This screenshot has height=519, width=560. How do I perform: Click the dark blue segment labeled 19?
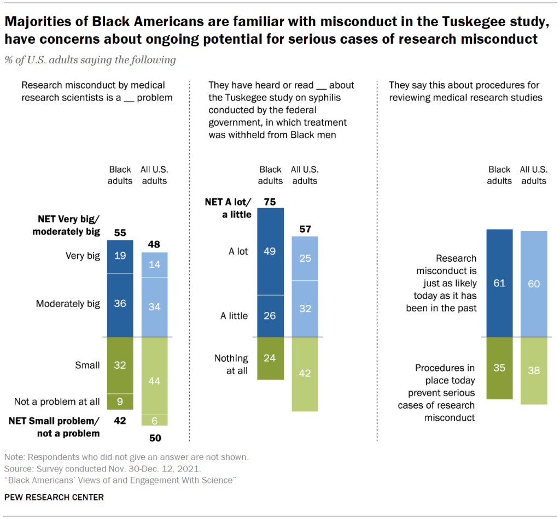pos(120,256)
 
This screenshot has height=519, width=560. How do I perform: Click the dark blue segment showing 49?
pos(271,251)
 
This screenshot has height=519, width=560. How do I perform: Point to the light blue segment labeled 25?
pos(305,258)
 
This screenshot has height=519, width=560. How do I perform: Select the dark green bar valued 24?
pos(271,358)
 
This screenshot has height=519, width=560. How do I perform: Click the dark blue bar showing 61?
pos(500,283)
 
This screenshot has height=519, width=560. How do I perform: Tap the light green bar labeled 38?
pos(534,371)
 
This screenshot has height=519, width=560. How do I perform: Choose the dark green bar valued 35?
pos(500,368)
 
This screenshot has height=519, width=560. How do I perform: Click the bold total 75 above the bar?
pos(271,201)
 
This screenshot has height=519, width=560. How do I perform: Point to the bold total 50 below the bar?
pos(155,438)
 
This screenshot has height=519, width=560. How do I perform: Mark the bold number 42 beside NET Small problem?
pos(120,421)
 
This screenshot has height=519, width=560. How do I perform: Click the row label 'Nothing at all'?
pos(231,364)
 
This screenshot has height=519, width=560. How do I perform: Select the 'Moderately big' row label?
pos(68,304)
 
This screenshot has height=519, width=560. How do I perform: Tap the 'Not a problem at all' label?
pos(57,402)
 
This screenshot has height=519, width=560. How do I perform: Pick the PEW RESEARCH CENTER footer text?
pos(54,497)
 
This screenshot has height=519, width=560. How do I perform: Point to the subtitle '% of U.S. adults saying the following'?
pos(90,60)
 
